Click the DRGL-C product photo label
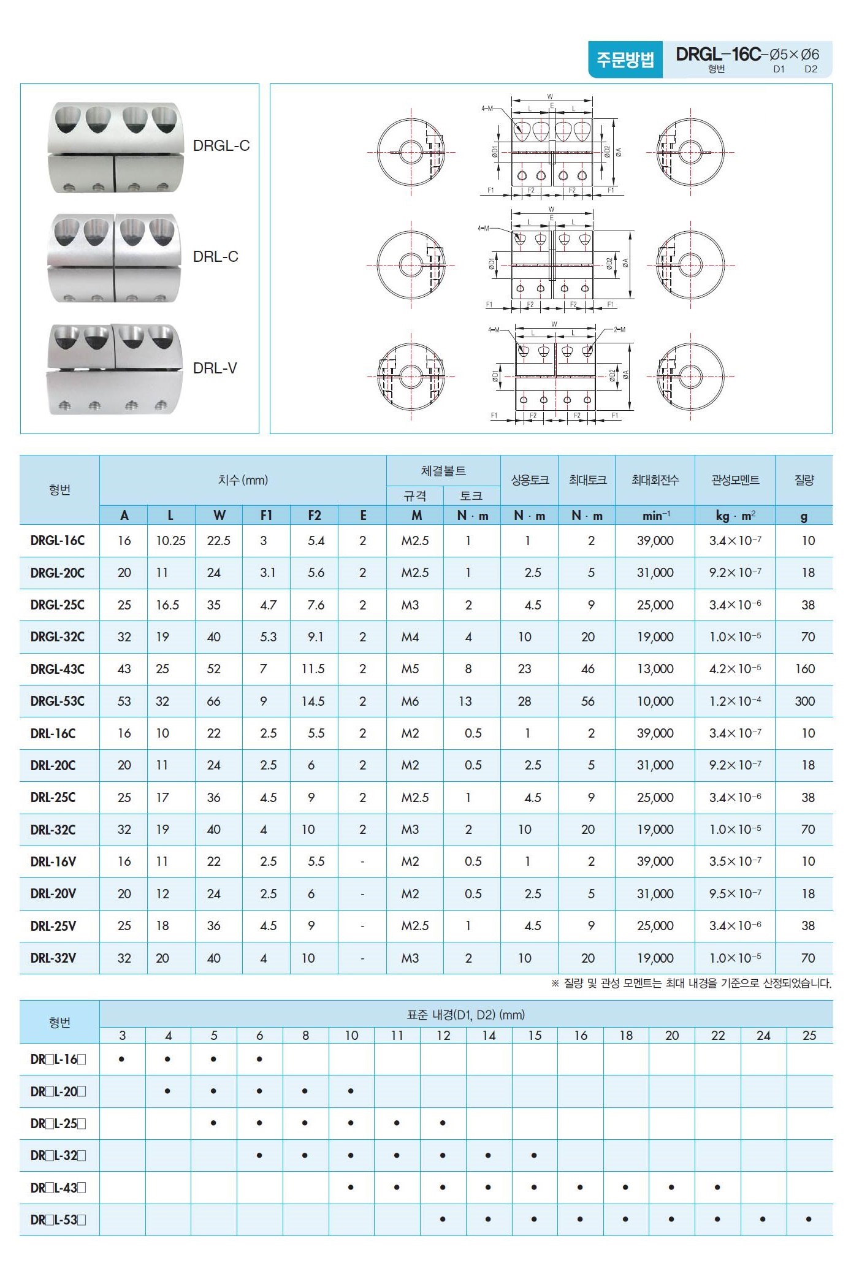click(221, 146)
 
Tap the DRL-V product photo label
click(215, 368)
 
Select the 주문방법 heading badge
click(625, 59)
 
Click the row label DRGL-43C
click(58, 669)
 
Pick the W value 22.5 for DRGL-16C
click(219, 541)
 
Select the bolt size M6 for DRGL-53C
click(410, 701)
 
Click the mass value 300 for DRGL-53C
click(804, 701)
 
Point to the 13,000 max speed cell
click(655, 669)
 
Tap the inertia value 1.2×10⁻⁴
click(735, 701)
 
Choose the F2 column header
click(315, 516)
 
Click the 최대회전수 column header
click(655, 480)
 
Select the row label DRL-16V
click(53, 861)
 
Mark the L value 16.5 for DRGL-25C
click(167, 605)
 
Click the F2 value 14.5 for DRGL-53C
click(313, 701)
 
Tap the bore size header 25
click(809, 1036)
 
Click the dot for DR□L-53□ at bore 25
click(809, 1220)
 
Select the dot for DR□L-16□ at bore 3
click(123, 1059)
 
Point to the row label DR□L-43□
click(58, 1188)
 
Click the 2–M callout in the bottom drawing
click(619, 330)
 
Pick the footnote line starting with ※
click(691, 983)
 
